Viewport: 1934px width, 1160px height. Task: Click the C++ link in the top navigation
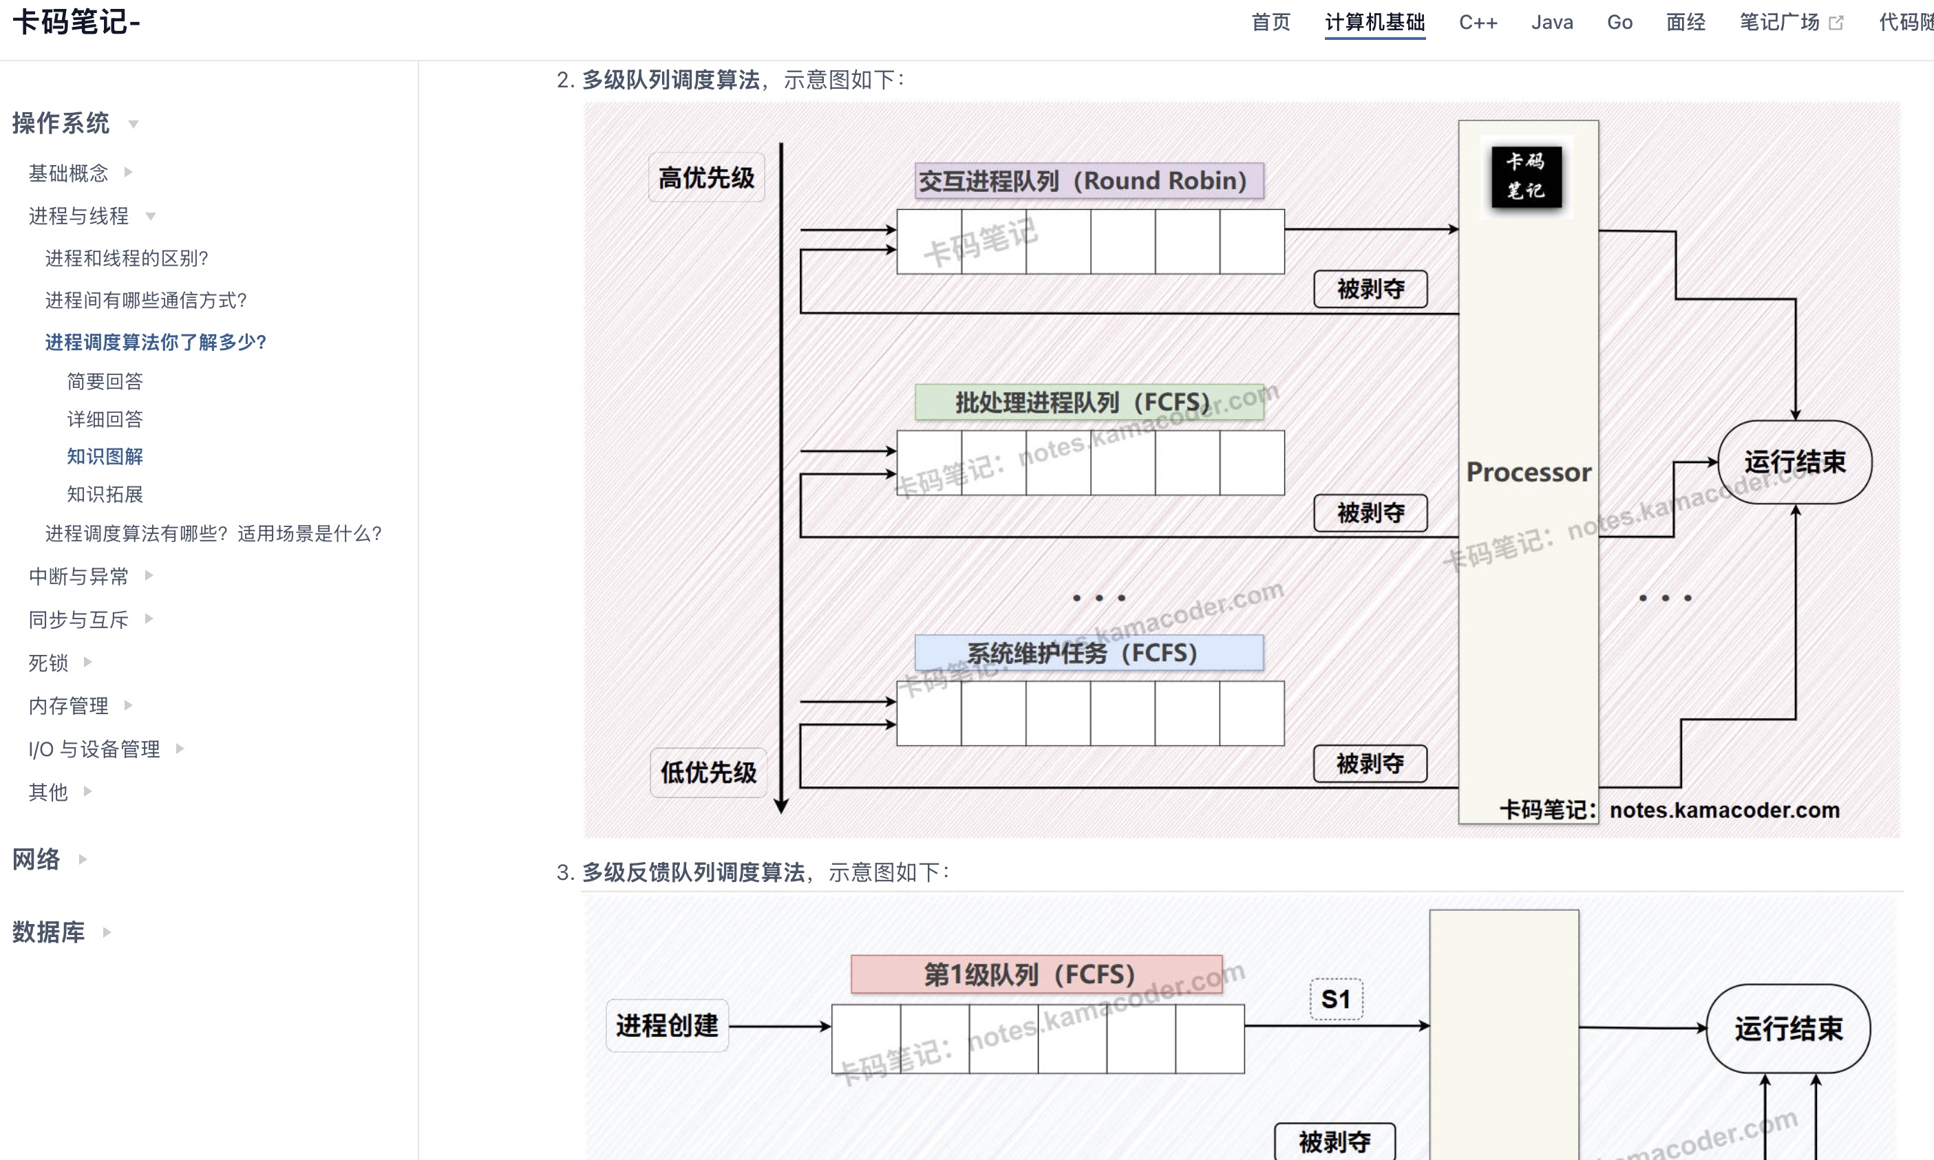(1478, 23)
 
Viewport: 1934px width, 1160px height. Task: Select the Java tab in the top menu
(1552, 23)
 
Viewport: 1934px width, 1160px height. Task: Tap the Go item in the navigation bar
(1619, 23)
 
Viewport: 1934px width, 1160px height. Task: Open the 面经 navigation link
(1686, 23)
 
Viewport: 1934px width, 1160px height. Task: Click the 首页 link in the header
(1271, 23)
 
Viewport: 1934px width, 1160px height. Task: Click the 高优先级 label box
(706, 178)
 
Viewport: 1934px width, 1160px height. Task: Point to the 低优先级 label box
(708, 772)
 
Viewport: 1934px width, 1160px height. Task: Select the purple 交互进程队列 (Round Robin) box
(1089, 180)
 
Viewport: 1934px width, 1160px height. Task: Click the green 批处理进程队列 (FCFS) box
(1089, 402)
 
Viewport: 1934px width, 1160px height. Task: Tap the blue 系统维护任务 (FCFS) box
(1089, 653)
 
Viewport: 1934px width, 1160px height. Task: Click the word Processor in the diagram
(1529, 472)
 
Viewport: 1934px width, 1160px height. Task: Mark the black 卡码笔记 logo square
(1526, 177)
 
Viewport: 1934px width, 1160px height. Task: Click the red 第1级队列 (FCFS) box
(1036, 974)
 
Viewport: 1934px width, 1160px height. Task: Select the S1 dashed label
(1336, 999)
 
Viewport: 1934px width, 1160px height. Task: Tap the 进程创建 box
(667, 1026)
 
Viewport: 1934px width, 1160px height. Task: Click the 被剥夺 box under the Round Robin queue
(1370, 289)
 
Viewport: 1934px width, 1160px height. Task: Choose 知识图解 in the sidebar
(105, 456)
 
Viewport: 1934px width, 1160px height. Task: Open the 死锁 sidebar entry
(48, 663)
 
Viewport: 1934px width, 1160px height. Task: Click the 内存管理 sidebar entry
(69, 706)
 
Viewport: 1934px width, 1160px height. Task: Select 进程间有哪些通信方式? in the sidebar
(146, 300)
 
